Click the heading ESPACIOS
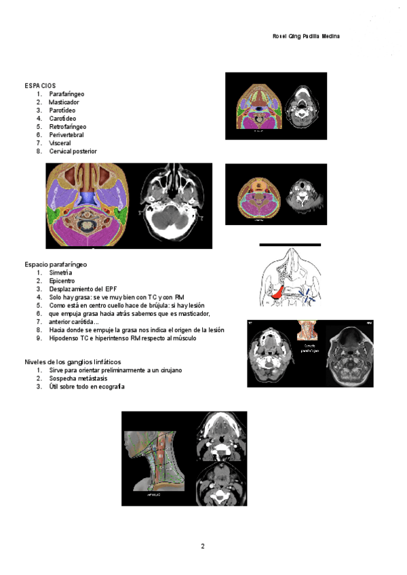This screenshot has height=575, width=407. click(40, 85)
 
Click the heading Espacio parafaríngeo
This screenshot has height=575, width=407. click(56, 264)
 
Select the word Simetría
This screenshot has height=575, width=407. click(61, 272)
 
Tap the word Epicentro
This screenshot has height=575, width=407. click(62, 280)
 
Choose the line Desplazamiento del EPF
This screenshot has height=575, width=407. click(78, 289)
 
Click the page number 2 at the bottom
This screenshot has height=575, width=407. click(202, 546)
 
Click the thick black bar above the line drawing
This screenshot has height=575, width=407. click(290, 244)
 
